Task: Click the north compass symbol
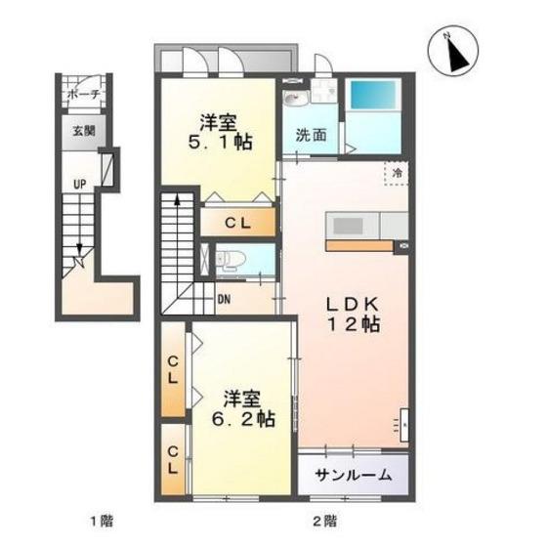453,51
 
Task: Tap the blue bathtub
372,95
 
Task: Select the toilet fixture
230,260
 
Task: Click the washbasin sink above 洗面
295,98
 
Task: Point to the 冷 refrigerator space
397,173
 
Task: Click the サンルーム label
353,475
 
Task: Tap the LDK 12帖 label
353,315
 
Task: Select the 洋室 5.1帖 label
220,132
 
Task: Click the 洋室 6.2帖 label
243,409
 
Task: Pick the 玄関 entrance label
84,131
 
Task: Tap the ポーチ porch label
83,94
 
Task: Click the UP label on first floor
79,184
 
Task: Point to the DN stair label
224,299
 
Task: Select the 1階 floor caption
102,522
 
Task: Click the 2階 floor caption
324,522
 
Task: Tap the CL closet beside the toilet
238,223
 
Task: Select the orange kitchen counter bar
359,246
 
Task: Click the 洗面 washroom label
311,135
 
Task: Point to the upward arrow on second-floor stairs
177,201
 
